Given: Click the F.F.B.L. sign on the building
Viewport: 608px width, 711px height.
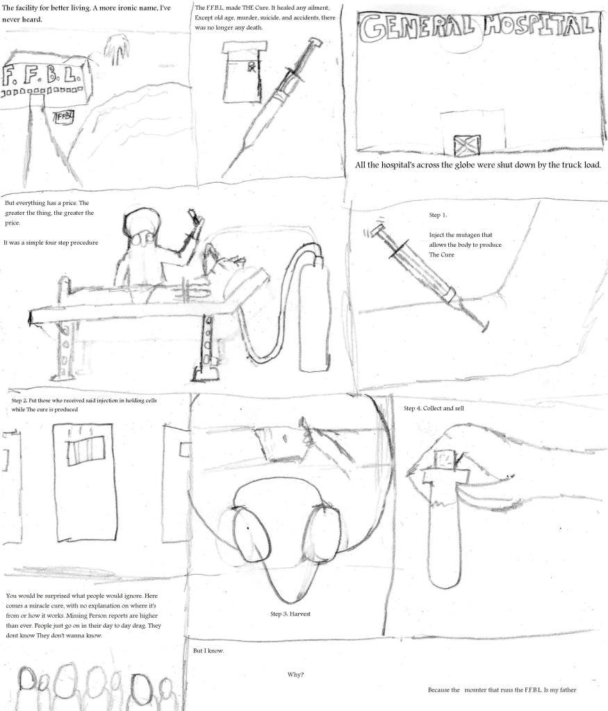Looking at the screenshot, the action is point(43,76).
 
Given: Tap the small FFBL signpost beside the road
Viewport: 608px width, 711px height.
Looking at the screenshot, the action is point(65,117).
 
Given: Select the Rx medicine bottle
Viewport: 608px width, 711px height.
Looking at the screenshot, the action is point(241,72).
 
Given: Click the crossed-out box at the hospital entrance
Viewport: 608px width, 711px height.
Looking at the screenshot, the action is point(467,145).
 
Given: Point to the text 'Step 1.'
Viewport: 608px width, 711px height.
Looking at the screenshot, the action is point(438,215).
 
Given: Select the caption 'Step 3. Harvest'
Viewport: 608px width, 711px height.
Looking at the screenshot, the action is point(290,614).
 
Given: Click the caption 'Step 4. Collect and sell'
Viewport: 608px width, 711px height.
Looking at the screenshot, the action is point(434,408).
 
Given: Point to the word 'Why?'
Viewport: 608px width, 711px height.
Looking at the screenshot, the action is point(295,674).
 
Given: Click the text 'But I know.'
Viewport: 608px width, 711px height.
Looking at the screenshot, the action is point(208,651).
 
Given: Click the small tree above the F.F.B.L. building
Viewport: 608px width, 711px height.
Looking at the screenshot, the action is point(117,49).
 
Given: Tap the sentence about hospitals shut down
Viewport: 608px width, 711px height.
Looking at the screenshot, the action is point(478,165).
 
